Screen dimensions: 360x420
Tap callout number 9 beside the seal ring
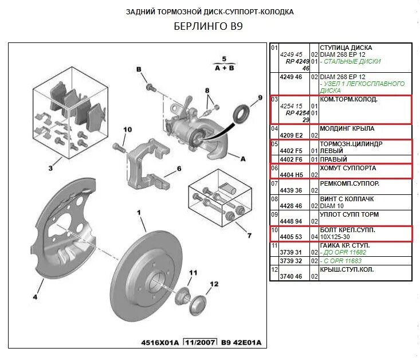tap(260, 98)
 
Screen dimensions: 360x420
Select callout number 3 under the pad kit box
tap(50, 168)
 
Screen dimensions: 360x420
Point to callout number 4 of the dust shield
tap(34, 296)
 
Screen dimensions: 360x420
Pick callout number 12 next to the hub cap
tap(214, 284)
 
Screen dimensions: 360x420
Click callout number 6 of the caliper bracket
tap(179, 169)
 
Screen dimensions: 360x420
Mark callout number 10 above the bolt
tap(127, 129)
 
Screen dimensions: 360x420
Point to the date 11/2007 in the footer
tap(199, 343)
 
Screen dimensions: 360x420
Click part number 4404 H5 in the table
tap(290, 174)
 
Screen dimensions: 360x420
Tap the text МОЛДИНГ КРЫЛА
tap(347, 128)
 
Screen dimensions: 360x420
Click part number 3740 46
tap(290, 276)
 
